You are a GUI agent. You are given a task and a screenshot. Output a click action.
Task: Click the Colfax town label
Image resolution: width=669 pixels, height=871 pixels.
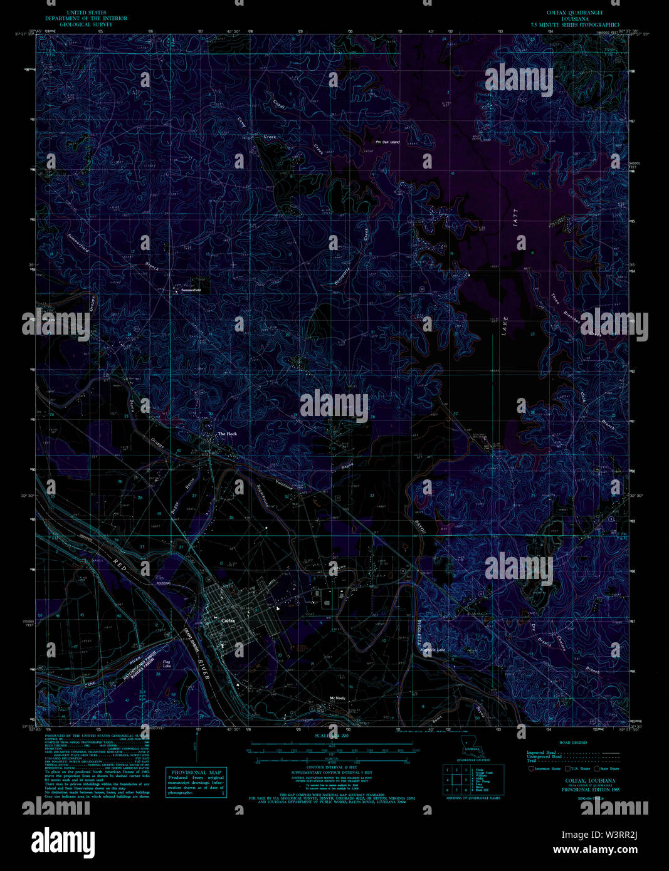(x=228, y=620)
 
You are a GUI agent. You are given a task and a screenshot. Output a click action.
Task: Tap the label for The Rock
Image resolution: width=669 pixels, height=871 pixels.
(x=227, y=434)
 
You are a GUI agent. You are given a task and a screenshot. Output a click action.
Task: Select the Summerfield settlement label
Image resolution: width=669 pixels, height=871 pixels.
(x=191, y=290)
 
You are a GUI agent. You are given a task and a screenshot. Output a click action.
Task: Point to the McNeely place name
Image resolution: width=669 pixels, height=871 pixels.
(x=338, y=698)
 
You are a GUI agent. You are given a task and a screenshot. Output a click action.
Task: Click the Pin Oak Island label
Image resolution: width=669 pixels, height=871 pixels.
(x=387, y=142)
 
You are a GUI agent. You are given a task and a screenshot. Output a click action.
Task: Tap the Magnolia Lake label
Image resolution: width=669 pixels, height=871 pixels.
(x=433, y=650)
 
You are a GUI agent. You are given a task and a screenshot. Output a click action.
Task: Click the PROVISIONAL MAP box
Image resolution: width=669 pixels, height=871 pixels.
(x=196, y=783)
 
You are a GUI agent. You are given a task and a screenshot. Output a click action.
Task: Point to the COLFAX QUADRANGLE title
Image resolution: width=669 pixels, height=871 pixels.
(x=574, y=13)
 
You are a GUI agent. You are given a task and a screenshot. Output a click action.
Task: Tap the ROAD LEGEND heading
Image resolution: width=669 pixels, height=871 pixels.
(x=574, y=743)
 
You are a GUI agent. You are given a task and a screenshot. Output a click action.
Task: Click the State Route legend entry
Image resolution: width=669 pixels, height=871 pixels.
(x=606, y=768)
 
